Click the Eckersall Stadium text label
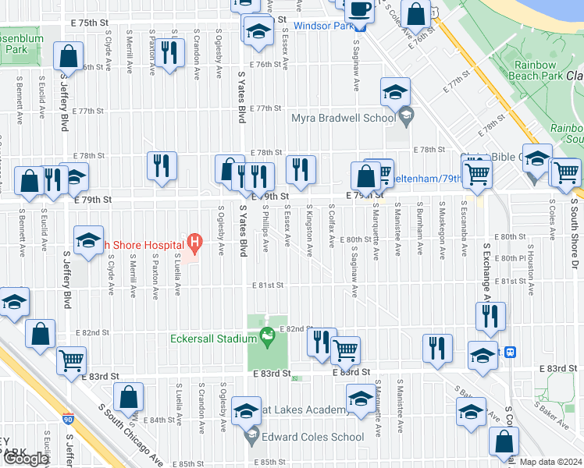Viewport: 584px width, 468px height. [214, 339]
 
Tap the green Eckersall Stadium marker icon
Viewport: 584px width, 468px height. [268, 338]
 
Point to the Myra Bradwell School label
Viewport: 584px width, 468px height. [343, 119]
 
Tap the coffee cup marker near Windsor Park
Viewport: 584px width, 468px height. [359, 11]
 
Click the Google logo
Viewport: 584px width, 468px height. [27, 458]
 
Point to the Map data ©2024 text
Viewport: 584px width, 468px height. [550, 462]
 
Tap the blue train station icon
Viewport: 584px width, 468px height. [511, 353]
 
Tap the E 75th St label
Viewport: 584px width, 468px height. [90, 24]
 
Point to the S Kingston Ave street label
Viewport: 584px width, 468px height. [310, 232]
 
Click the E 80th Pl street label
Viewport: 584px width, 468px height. [512, 257]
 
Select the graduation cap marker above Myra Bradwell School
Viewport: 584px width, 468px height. [395, 93]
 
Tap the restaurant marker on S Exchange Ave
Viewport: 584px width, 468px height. [490, 316]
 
